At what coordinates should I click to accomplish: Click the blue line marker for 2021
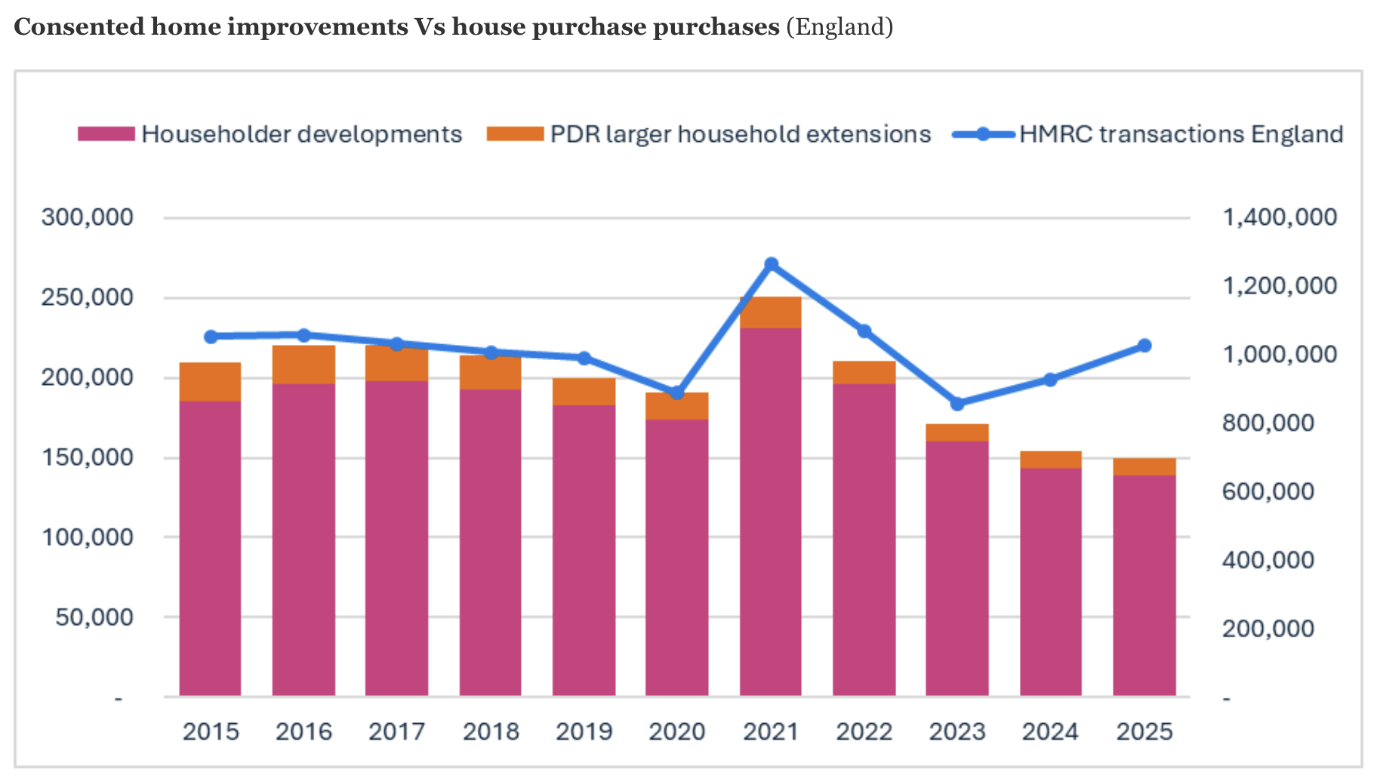[x=771, y=264]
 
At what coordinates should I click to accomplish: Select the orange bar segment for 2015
[x=210, y=381]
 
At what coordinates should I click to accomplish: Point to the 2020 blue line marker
[x=677, y=393]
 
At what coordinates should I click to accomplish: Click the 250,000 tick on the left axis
[x=87, y=297]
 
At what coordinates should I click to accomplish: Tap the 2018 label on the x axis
[x=491, y=731]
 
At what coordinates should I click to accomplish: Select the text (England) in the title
[x=839, y=27]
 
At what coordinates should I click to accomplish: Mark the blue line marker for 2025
[x=1144, y=346]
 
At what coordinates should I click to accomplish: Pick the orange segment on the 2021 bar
[x=771, y=312]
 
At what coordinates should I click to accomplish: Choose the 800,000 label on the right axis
[x=1268, y=423]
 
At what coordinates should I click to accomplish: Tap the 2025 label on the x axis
[x=1144, y=731]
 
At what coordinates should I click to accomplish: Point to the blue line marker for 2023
[x=957, y=404]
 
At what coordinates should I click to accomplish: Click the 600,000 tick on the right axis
[x=1268, y=492]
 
